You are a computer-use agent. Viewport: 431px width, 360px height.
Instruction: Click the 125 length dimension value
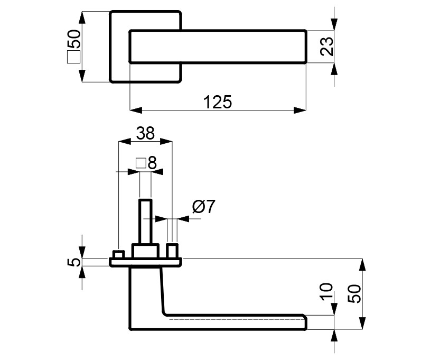pos(218,102)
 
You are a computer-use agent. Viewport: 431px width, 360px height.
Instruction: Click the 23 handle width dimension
pos(327,47)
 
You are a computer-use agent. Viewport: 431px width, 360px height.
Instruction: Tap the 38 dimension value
pos(145,133)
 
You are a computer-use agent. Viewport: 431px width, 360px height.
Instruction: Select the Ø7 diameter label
pos(204,207)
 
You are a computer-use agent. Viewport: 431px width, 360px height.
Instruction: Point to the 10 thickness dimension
pos(326,292)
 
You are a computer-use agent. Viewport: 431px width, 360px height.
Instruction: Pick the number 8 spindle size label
pos(152,163)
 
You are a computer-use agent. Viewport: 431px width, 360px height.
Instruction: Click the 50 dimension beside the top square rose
pos(73,39)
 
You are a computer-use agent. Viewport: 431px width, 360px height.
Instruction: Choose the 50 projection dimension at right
pos(354,294)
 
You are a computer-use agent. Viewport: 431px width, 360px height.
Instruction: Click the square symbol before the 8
pos(140,163)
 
